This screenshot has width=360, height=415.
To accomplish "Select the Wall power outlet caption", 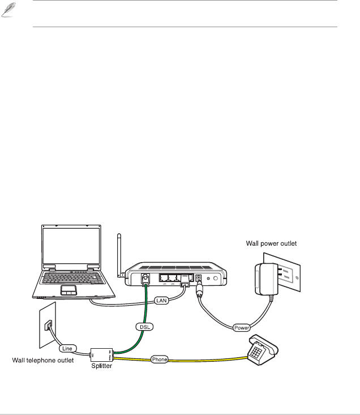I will (271, 243).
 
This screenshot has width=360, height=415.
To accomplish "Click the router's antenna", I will (119, 254).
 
